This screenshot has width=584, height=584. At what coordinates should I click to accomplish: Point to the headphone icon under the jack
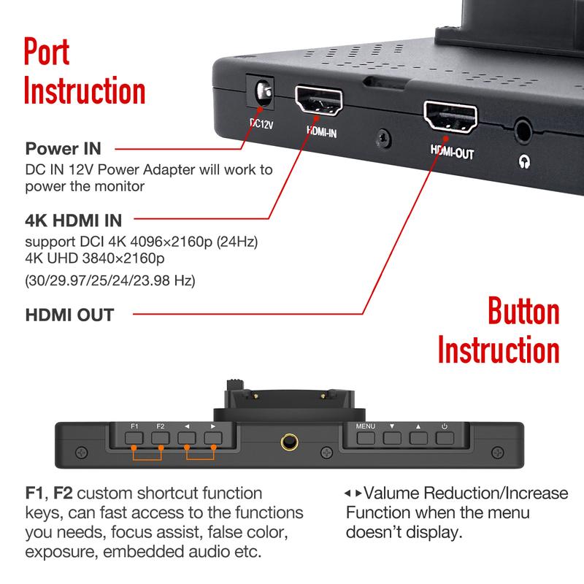523,162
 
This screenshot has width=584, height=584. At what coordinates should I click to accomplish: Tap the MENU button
366,439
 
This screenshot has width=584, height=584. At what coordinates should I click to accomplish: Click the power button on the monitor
445,439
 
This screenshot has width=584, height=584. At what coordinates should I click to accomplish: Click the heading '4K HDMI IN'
74,220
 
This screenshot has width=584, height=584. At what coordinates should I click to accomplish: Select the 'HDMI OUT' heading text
69,315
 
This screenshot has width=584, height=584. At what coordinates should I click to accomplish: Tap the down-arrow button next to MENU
392,439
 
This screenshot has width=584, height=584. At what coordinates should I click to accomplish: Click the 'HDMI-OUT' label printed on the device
452,155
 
